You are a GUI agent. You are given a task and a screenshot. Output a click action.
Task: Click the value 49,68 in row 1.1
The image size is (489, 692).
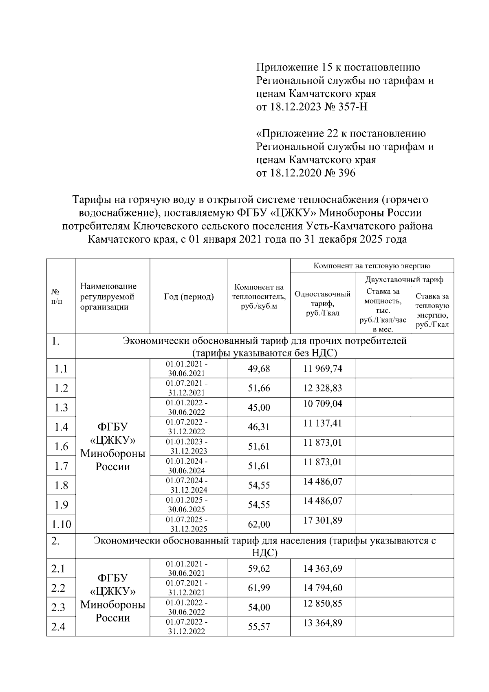(x=259, y=369)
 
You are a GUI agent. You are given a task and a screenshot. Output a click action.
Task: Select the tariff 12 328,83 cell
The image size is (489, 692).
(x=322, y=388)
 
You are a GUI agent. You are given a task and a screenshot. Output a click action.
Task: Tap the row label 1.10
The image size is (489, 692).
(x=61, y=524)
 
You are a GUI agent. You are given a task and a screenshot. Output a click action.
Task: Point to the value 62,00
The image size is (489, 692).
(x=259, y=524)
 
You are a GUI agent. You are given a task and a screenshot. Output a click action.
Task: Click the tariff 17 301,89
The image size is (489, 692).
(x=322, y=520)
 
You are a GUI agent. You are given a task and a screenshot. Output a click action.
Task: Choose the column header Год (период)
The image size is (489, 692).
(x=189, y=296)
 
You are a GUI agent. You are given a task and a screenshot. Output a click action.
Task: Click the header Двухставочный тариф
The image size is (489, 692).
(x=404, y=280)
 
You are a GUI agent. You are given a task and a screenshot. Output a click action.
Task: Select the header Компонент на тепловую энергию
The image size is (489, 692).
(x=372, y=266)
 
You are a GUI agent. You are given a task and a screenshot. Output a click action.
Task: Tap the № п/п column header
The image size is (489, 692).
(x=57, y=296)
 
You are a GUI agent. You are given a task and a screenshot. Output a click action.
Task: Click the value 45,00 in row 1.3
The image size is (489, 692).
(x=259, y=407)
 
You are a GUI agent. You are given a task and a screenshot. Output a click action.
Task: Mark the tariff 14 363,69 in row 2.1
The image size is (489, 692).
(x=322, y=568)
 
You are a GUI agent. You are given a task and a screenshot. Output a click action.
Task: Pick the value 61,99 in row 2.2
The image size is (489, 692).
(x=259, y=588)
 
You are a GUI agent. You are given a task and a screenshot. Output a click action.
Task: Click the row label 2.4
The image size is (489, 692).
(x=58, y=626)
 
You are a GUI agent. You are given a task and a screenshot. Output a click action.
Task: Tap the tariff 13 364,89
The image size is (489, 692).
(x=322, y=623)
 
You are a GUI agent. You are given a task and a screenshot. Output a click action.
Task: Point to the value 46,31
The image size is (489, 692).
(x=259, y=427)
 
